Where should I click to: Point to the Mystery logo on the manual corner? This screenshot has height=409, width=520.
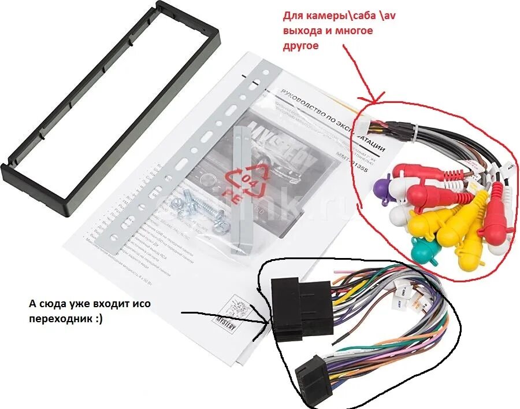(x=243, y=315)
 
